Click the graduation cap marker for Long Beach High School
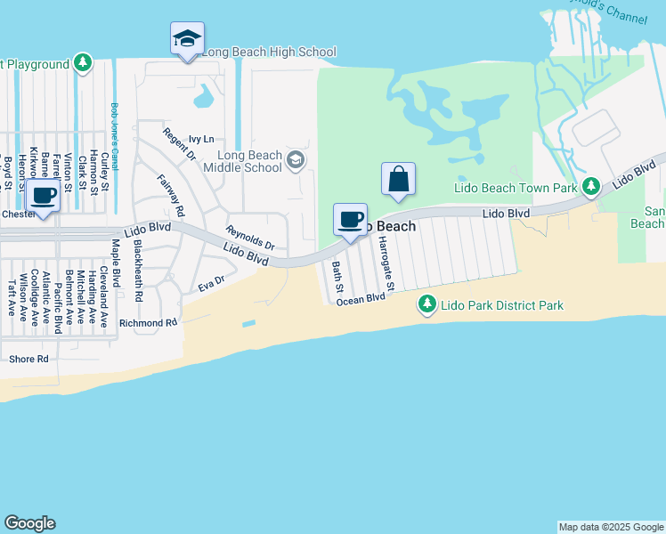(x=187, y=39)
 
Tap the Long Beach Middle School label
(x=242, y=160)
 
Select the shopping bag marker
(x=398, y=178)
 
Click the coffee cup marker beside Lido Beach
(x=351, y=219)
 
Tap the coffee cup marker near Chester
(x=42, y=195)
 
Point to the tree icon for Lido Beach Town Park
(x=589, y=186)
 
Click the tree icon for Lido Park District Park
(x=427, y=305)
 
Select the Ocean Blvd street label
(x=361, y=300)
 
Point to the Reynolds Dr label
(x=250, y=238)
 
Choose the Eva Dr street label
(x=211, y=284)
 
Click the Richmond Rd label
(x=148, y=322)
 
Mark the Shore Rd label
(x=28, y=359)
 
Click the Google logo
(x=29, y=523)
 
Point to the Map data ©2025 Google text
(x=610, y=527)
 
